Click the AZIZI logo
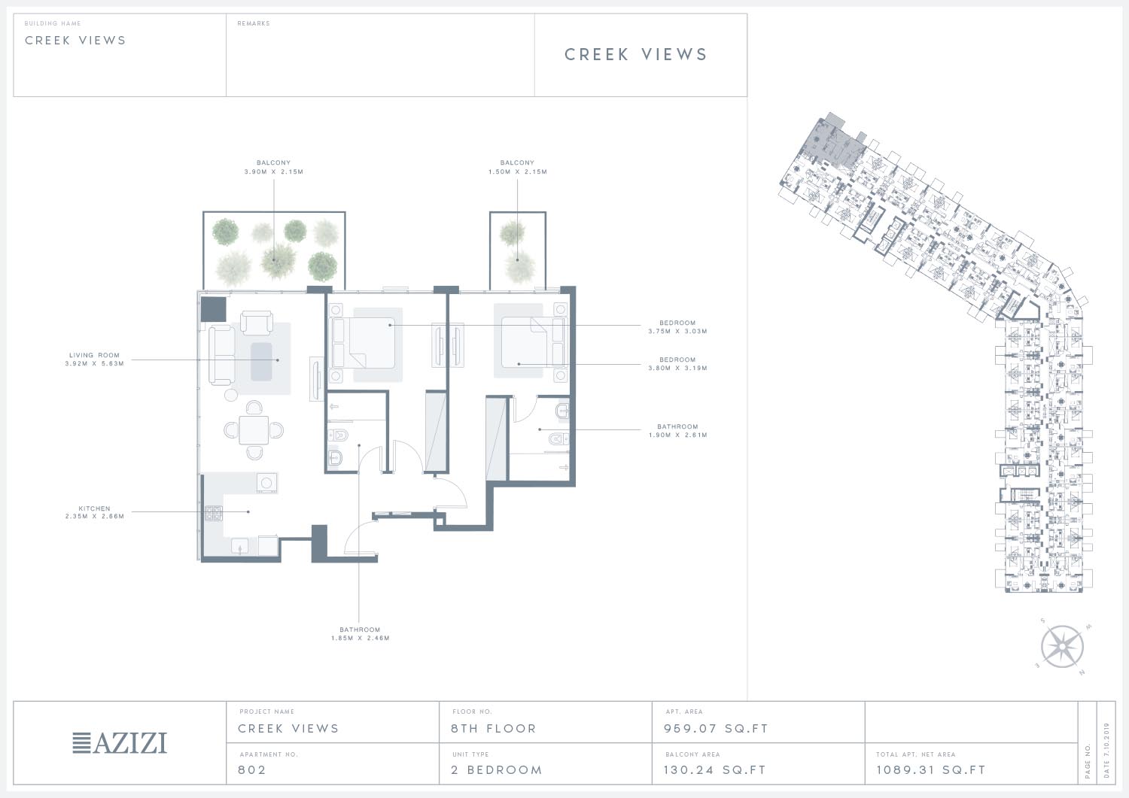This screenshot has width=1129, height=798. [x=120, y=743]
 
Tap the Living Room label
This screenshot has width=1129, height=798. [x=94, y=355]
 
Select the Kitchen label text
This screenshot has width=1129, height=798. [x=94, y=508]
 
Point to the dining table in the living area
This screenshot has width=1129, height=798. [x=254, y=430]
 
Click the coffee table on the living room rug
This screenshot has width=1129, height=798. [x=261, y=362]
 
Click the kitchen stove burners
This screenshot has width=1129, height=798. [x=213, y=514]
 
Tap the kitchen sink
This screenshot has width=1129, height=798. [x=239, y=546]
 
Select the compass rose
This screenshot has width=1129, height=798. [x=1062, y=646]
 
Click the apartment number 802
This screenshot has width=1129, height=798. [x=252, y=769]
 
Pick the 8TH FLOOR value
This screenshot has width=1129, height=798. [x=494, y=729]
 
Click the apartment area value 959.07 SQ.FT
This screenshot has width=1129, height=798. [x=716, y=729]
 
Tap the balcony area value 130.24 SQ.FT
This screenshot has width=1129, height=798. [x=715, y=769]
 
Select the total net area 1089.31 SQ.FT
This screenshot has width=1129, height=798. [x=931, y=769]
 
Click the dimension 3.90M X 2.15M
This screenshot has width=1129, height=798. [x=274, y=171]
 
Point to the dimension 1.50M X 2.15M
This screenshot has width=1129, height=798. [x=518, y=171]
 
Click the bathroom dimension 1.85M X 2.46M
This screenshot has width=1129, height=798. [x=361, y=639]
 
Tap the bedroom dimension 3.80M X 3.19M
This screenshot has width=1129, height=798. [x=678, y=369]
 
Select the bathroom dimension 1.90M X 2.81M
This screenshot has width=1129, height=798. [x=678, y=435]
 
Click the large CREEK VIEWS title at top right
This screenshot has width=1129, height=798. [x=636, y=54]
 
